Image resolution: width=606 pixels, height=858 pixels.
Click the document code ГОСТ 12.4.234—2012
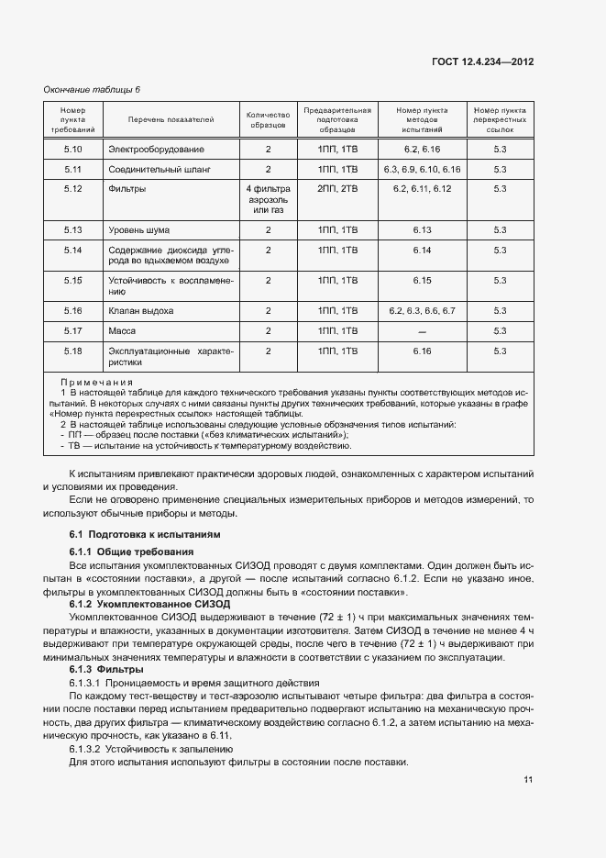483,61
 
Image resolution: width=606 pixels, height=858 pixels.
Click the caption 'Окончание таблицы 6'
93,89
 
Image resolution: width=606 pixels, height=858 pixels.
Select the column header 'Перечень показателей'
171,119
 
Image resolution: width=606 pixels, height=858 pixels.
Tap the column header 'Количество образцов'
268,119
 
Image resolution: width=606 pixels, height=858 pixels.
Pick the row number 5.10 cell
73,149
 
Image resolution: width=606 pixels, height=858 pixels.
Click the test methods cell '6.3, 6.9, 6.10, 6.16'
422,170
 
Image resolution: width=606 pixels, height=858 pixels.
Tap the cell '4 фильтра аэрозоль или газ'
268,199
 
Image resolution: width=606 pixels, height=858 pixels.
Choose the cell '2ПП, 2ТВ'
337,189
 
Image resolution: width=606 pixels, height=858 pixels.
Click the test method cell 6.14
422,251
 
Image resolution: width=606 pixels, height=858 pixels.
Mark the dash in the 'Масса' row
422,331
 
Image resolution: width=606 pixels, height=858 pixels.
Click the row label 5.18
73,351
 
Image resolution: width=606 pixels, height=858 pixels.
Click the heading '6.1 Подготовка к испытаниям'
145,534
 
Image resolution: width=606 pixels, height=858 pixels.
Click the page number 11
528,780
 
